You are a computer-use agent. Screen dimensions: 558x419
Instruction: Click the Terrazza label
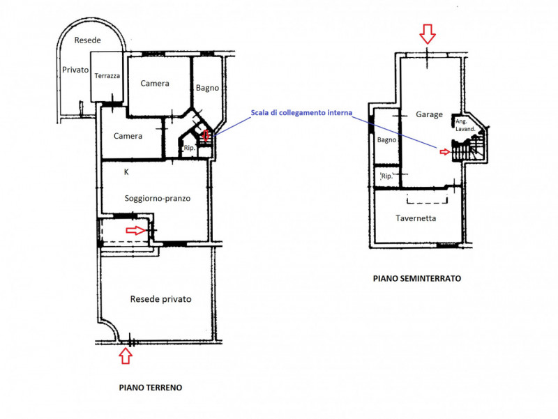107,76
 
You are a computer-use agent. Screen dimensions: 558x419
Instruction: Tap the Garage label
429,114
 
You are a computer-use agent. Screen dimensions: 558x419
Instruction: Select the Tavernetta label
416,218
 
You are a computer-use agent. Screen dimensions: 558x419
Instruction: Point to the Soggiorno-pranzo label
158,199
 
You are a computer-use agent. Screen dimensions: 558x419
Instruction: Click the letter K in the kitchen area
126,172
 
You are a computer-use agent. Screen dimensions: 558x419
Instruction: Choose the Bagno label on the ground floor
207,88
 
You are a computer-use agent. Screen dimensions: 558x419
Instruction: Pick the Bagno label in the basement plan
387,140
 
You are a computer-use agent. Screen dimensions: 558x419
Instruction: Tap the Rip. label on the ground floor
190,148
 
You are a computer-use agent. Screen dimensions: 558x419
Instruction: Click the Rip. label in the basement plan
387,176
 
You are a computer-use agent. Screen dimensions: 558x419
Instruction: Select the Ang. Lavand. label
465,125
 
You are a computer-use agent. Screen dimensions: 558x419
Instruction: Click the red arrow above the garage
428,34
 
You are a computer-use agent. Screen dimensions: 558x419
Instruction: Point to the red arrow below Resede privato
126,356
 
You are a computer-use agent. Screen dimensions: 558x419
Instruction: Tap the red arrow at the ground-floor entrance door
136,231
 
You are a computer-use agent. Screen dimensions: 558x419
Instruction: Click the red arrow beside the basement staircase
445,152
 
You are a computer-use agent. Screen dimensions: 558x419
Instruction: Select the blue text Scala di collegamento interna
301,113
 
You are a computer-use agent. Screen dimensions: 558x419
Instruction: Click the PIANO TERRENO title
151,388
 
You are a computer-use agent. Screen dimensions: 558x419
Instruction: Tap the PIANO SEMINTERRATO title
417,278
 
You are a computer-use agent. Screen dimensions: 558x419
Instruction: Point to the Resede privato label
161,299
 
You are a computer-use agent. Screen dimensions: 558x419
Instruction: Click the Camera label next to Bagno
155,84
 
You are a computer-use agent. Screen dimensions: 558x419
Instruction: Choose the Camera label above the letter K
128,136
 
